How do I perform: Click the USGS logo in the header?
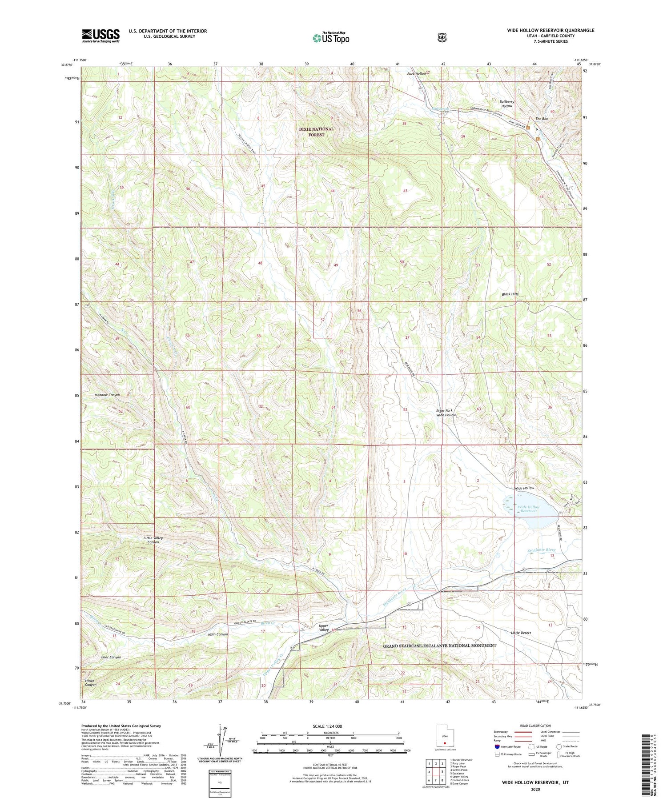click(x=100, y=36)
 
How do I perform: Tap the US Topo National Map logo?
click(x=331, y=37)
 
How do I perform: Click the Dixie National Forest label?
click(x=316, y=132)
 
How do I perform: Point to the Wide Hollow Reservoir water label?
click(x=528, y=509)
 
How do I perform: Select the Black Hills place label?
click(x=510, y=294)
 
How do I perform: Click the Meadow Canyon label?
click(x=107, y=395)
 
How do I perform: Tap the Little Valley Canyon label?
click(x=153, y=540)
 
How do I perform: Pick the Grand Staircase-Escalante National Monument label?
click(x=439, y=646)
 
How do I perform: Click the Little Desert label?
click(x=521, y=633)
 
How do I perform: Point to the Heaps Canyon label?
click(x=91, y=682)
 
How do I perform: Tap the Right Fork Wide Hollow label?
click(x=446, y=413)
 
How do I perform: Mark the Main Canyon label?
click(x=218, y=634)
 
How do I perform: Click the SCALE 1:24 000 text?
click(x=330, y=726)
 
